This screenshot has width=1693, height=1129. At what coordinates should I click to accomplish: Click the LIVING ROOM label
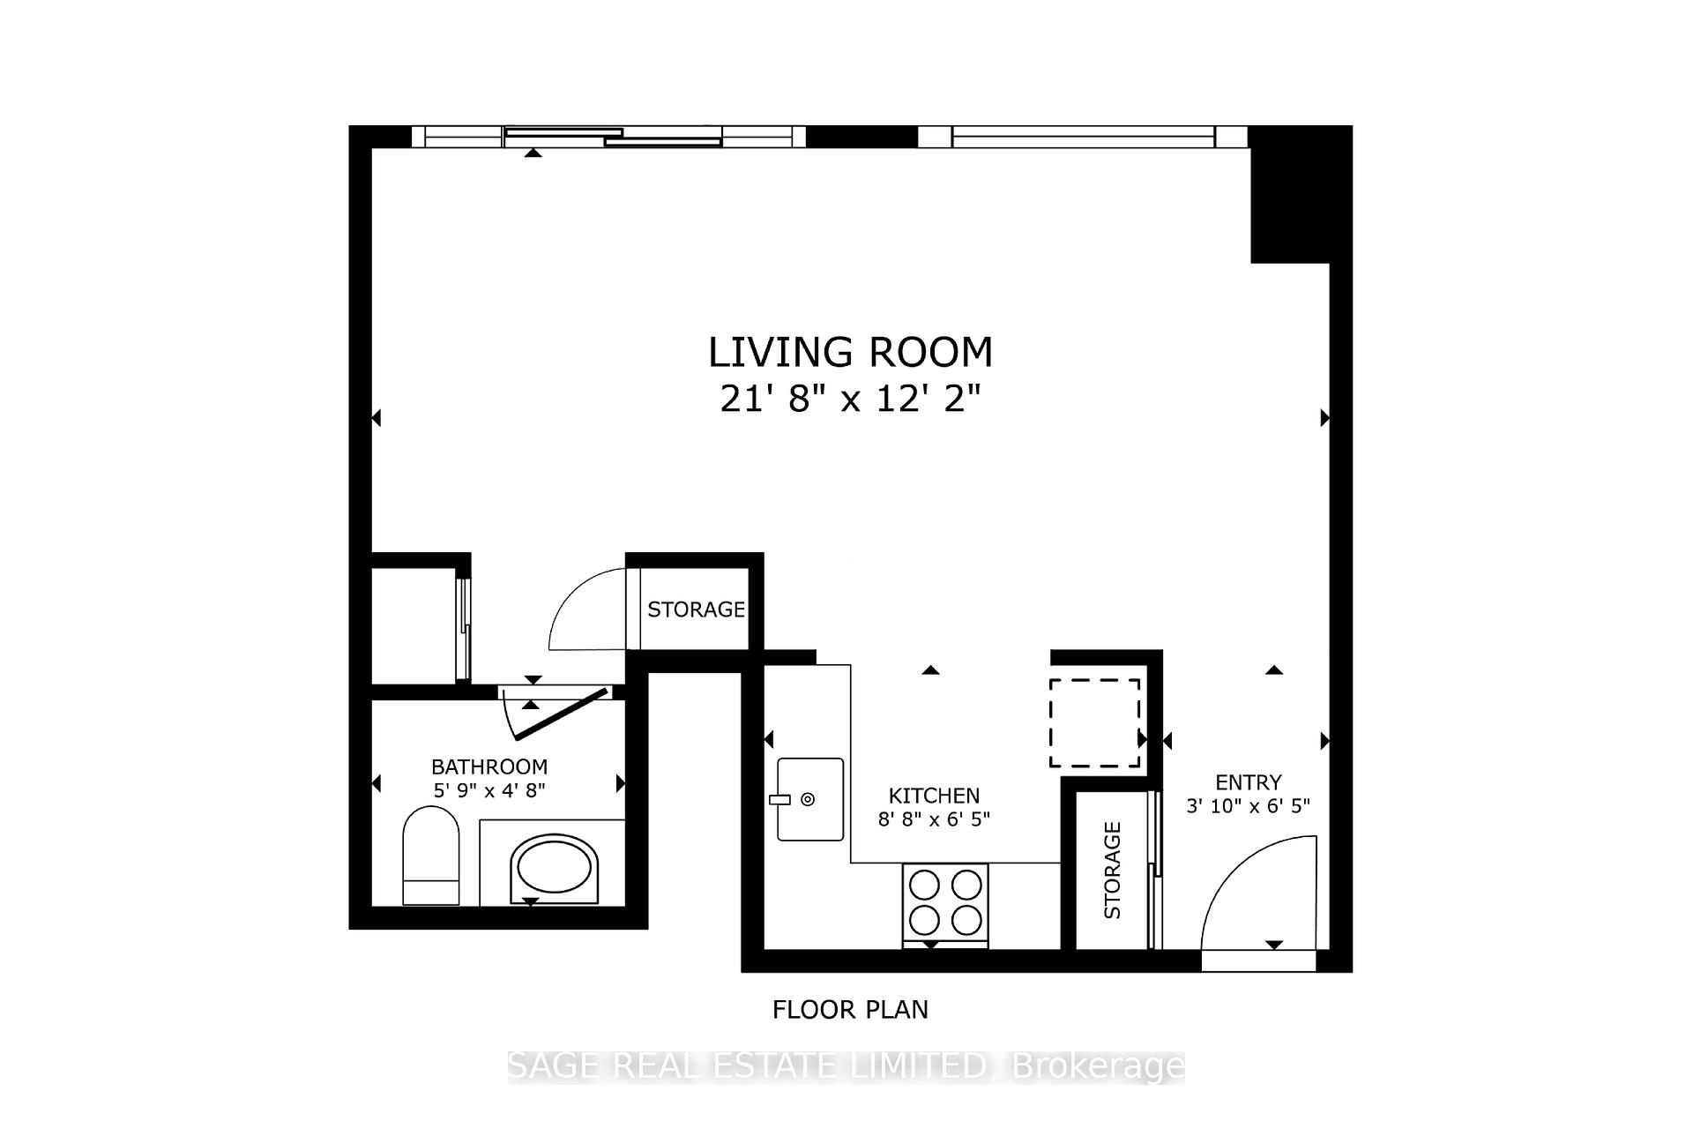(x=850, y=352)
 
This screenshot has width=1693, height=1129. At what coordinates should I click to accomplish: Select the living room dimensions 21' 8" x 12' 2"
(x=850, y=400)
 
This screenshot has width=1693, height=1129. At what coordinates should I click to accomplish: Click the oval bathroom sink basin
(x=554, y=868)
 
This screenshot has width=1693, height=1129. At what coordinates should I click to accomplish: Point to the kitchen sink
(x=809, y=799)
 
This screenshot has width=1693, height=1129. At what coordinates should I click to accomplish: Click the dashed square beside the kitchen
(x=1094, y=722)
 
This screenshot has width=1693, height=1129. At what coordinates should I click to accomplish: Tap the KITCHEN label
(x=934, y=796)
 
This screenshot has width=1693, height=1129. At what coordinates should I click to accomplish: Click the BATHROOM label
(x=489, y=766)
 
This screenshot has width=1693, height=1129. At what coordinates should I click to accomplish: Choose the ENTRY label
(x=1248, y=782)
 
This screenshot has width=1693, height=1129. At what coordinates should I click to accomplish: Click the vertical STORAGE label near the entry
(x=1112, y=870)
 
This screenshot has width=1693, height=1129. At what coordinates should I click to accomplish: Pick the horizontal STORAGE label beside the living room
(x=696, y=609)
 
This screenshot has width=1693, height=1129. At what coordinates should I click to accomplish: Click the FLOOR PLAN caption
(x=850, y=1010)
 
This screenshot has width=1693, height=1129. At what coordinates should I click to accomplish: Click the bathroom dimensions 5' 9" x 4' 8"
(x=489, y=790)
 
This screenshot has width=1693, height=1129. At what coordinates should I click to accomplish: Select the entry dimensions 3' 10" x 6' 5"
(x=1248, y=805)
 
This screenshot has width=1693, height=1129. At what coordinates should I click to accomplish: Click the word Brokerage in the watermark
(x=1098, y=1066)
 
